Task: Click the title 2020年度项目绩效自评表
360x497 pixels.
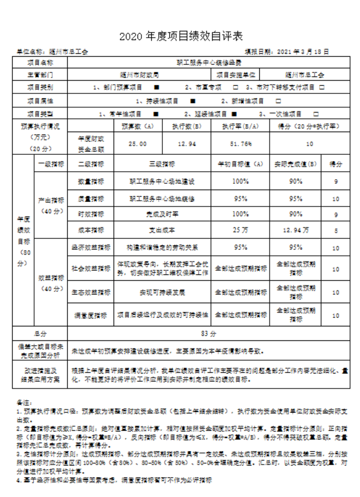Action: pos(180,37)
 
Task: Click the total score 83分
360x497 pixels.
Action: pos(208,334)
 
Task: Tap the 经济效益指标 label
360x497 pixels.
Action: pos(90,248)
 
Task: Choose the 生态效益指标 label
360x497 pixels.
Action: pos(90,291)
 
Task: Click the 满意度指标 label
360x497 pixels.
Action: pos(90,315)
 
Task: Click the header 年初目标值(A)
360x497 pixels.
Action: pos(239,165)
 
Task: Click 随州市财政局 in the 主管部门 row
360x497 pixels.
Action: pos(140,75)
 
